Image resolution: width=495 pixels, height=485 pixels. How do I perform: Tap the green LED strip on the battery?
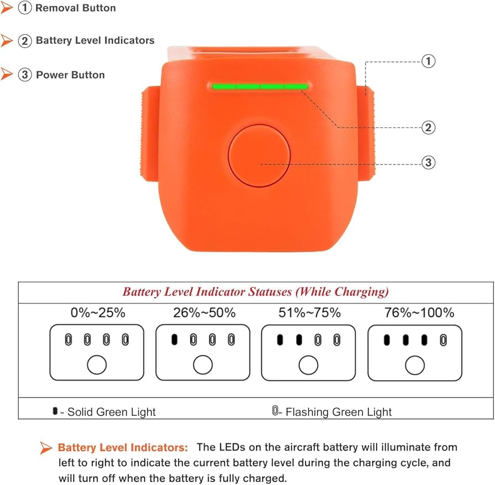pyautogui.click(x=259, y=86)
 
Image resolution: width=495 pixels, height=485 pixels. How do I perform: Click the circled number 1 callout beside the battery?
pyautogui.click(x=428, y=61)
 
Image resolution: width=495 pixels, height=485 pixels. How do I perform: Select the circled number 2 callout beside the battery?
pyautogui.click(x=428, y=128)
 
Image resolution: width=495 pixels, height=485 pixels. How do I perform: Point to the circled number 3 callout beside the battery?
pyautogui.click(x=428, y=163)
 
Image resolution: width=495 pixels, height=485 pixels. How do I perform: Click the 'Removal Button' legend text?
pyautogui.click(x=75, y=8)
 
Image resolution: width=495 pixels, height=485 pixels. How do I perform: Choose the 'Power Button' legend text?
pyautogui.click(x=70, y=75)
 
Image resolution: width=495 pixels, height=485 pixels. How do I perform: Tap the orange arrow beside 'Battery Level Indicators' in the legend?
pyautogui.click(x=7, y=40)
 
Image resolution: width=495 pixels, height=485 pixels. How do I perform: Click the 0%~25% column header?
pyautogui.click(x=98, y=313)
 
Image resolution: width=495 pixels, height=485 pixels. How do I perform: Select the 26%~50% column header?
pyautogui.click(x=203, y=313)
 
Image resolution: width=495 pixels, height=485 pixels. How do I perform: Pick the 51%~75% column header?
pyautogui.click(x=309, y=313)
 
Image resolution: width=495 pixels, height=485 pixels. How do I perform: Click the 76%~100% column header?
pyautogui.click(x=419, y=313)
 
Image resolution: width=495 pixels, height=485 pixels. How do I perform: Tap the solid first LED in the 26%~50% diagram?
pyautogui.click(x=174, y=339)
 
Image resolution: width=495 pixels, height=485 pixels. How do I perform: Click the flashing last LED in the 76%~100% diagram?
pyautogui.click(x=442, y=339)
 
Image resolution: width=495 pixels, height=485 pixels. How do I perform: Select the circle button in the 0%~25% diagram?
pyautogui.click(x=97, y=365)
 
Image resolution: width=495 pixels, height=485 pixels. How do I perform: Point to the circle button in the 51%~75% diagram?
pyautogui.click(x=308, y=365)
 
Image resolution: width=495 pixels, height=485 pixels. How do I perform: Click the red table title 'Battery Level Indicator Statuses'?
pyautogui.click(x=255, y=292)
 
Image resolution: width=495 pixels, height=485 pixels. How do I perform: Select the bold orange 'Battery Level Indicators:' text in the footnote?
pyautogui.click(x=123, y=447)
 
